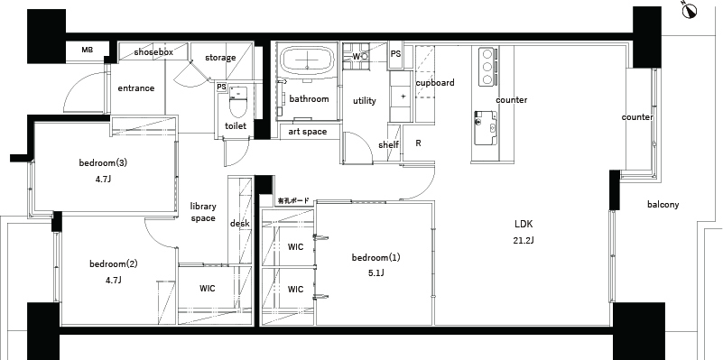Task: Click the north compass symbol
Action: [690, 11]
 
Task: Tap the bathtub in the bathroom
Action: [308, 60]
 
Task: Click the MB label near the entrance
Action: [88, 50]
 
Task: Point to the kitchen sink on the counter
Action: [486, 122]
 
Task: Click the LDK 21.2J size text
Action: [524, 240]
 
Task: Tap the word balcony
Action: [663, 204]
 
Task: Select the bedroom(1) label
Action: [375, 257]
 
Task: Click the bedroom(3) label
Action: [103, 162]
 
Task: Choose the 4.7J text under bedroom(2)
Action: [114, 280]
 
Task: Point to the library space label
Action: [203, 212]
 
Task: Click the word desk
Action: [240, 224]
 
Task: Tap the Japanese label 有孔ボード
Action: [293, 201]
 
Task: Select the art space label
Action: [308, 132]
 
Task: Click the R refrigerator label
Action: [418, 143]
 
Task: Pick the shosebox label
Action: [153, 52]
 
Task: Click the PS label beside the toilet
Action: [221, 87]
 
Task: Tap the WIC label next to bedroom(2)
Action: [208, 289]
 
